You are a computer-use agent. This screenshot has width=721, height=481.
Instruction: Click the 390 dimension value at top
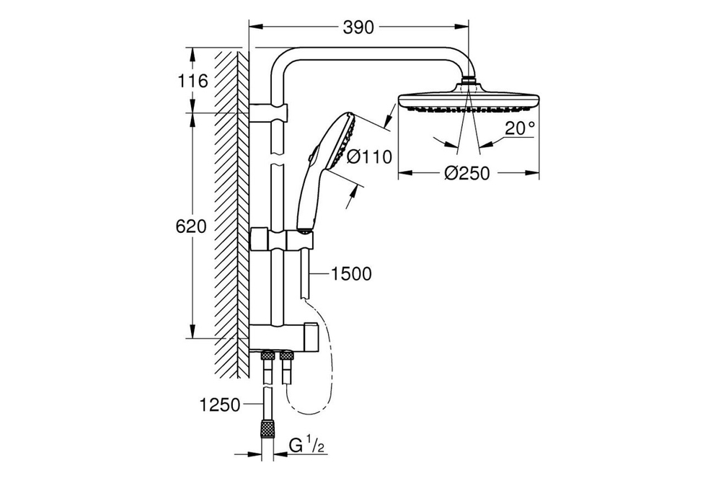pyautogui.click(x=358, y=28)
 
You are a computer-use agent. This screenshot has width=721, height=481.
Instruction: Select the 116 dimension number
pyautogui.click(x=193, y=81)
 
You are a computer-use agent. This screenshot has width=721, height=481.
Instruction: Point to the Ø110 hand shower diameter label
pyautogui.click(x=368, y=156)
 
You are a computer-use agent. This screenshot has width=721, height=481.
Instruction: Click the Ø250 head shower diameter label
pyautogui.click(x=466, y=173)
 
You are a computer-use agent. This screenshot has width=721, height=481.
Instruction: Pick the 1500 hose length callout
pyautogui.click(x=352, y=273)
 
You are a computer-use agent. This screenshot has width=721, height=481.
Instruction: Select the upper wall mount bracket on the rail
pyautogui.click(x=270, y=112)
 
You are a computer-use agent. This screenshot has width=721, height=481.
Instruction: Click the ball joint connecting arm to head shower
pyautogui.click(x=470, y=81)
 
